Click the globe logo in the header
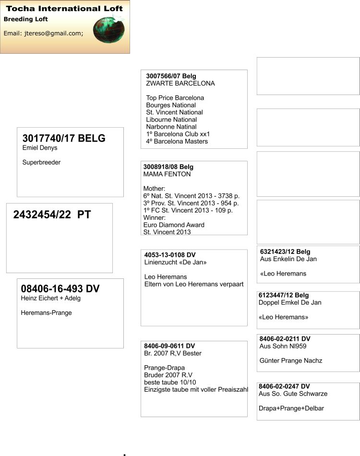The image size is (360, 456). (x=108, y=30)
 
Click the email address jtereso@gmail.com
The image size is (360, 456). (x=43, y=33)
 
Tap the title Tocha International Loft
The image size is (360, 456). (x=64, y=8)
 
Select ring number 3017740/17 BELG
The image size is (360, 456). (x=64, y=139)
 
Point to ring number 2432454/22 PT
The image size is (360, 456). (x=52, y=215)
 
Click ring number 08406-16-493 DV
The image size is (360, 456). (x=60, y=288)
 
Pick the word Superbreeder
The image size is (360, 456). (x=42, y=163)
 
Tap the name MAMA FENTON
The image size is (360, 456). (x=167, y=174)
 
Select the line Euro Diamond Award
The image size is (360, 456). (x=174, y=225)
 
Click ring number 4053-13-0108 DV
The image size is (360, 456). (x=170, y=255)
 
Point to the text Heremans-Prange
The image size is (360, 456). (x=47, y=313)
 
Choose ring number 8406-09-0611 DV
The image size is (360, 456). (x=169, y=346)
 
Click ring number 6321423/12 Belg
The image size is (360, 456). (x=285, y=252)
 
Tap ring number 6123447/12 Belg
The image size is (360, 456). (x=283, y=295)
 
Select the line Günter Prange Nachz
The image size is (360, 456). (x=291, y=360)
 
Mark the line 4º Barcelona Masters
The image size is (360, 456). (x=177, y=142)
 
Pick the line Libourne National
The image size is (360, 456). (x=171, y=120)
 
